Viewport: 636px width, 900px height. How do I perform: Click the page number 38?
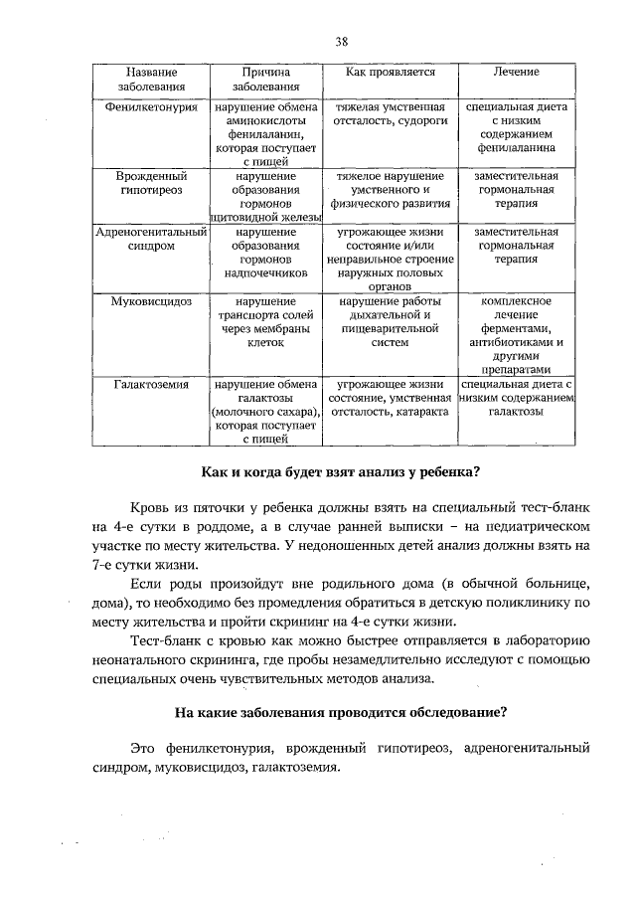(x=341, y=41)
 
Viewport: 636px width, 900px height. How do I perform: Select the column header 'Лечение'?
(x=516, y=73)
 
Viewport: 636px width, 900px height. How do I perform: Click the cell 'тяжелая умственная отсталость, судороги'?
(x=391, y=112)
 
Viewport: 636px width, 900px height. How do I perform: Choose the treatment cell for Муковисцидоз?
(x=516, y=335)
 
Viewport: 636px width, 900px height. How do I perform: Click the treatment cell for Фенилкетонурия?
(x=516, y=126)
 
